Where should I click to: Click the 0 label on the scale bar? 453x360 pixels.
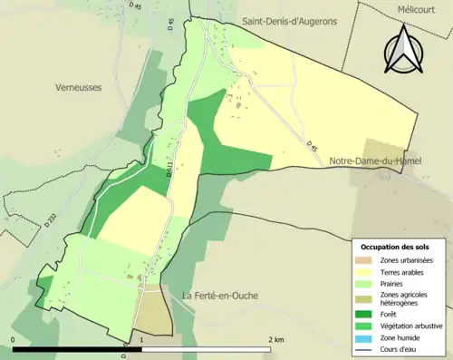point(14,338)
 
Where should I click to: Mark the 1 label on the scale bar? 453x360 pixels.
point(141,338)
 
